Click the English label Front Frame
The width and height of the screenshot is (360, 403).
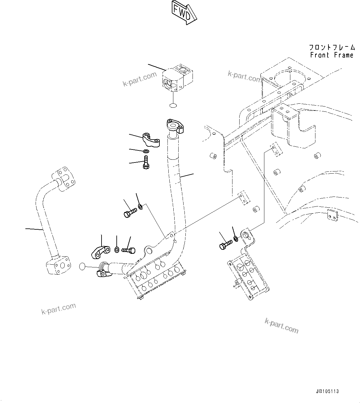(332, 55)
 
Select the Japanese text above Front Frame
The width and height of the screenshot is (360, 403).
(332, 47)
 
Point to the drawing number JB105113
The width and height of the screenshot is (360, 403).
(327, 391)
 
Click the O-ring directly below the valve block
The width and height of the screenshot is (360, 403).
(173, 106)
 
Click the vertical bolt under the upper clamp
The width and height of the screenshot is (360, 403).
(146, 162)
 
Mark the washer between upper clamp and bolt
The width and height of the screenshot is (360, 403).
(146, 151)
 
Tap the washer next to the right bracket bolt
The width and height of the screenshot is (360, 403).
(236, 238)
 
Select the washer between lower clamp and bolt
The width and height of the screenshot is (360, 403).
(117, 249)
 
